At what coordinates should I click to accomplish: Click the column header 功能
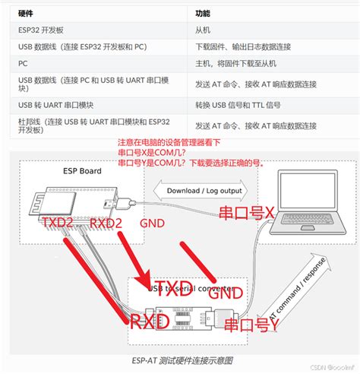coord(203,14)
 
